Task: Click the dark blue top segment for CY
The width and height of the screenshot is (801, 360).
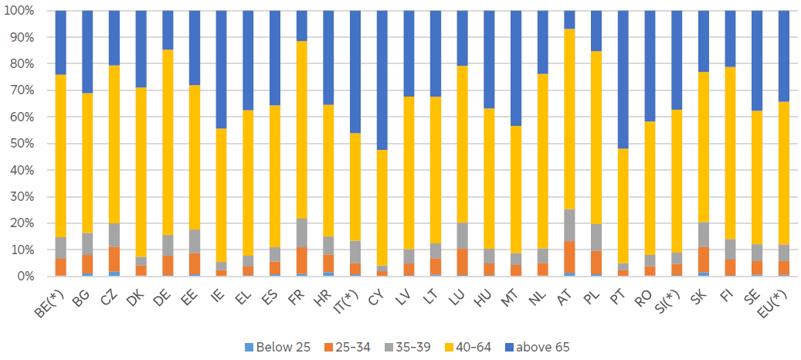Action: (382, 80)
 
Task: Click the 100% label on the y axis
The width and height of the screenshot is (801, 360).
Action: (19, 11)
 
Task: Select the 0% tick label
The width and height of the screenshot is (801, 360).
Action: (25, 277)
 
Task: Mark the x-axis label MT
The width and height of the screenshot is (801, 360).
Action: (511, 291)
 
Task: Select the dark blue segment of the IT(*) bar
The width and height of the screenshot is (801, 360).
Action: (355, 72)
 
